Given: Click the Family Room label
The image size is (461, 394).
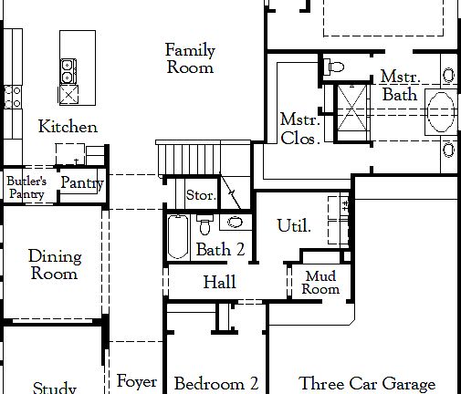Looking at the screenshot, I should (190, 57).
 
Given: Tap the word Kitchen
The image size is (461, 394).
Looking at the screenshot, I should (68, 127).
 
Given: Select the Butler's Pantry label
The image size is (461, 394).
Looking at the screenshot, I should (26, 187).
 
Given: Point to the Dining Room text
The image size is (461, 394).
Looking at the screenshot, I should (55, 264).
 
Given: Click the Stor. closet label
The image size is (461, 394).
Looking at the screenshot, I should (200, 195).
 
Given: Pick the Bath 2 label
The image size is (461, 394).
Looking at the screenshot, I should (220, 249).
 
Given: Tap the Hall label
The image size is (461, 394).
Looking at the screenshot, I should (219, 283).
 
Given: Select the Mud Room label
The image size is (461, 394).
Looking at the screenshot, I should (321, 283).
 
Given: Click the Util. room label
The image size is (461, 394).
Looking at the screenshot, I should (294, 225).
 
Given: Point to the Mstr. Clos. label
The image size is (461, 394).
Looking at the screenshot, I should (299, 129).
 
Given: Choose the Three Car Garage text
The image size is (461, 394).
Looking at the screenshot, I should (367, 384).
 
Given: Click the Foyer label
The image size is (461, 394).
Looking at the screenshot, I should (137, 382).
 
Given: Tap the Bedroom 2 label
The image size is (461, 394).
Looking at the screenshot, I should (216, 384).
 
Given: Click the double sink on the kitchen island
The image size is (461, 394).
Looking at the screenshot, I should (69, 79).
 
